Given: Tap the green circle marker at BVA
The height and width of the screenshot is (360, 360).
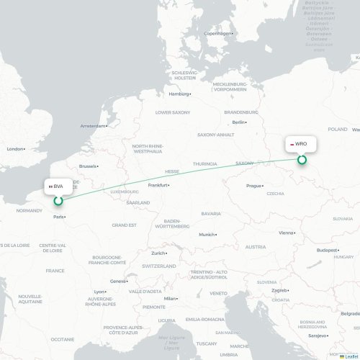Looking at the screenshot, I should click(x=58, y=201).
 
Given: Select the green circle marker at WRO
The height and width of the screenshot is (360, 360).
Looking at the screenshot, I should click(x=302, y=159).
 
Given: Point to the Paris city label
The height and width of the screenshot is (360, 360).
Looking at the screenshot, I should click(x=58, y=216).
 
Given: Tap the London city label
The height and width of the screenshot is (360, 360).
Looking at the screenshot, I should click(x=15, y=149).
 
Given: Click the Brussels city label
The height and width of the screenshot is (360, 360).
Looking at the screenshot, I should click(x=88, y=166).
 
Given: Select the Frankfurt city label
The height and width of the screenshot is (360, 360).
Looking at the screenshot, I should click(x=158, y=185).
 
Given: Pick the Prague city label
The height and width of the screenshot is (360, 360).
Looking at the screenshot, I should click(x=254, y=186).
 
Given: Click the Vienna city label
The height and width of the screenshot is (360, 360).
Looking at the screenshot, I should click(x=287, y=233).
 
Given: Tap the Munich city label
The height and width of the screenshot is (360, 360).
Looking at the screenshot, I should click(x=207, y=235).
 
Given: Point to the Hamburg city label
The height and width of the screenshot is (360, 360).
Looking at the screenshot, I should click(x=179, y=94).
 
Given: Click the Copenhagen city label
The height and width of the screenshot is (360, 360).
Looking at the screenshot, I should click(x=218, y=33).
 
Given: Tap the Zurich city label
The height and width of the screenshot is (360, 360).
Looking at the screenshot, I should click(x=158, y=253).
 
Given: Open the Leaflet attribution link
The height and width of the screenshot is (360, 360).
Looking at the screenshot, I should click(x=349, y=356).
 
